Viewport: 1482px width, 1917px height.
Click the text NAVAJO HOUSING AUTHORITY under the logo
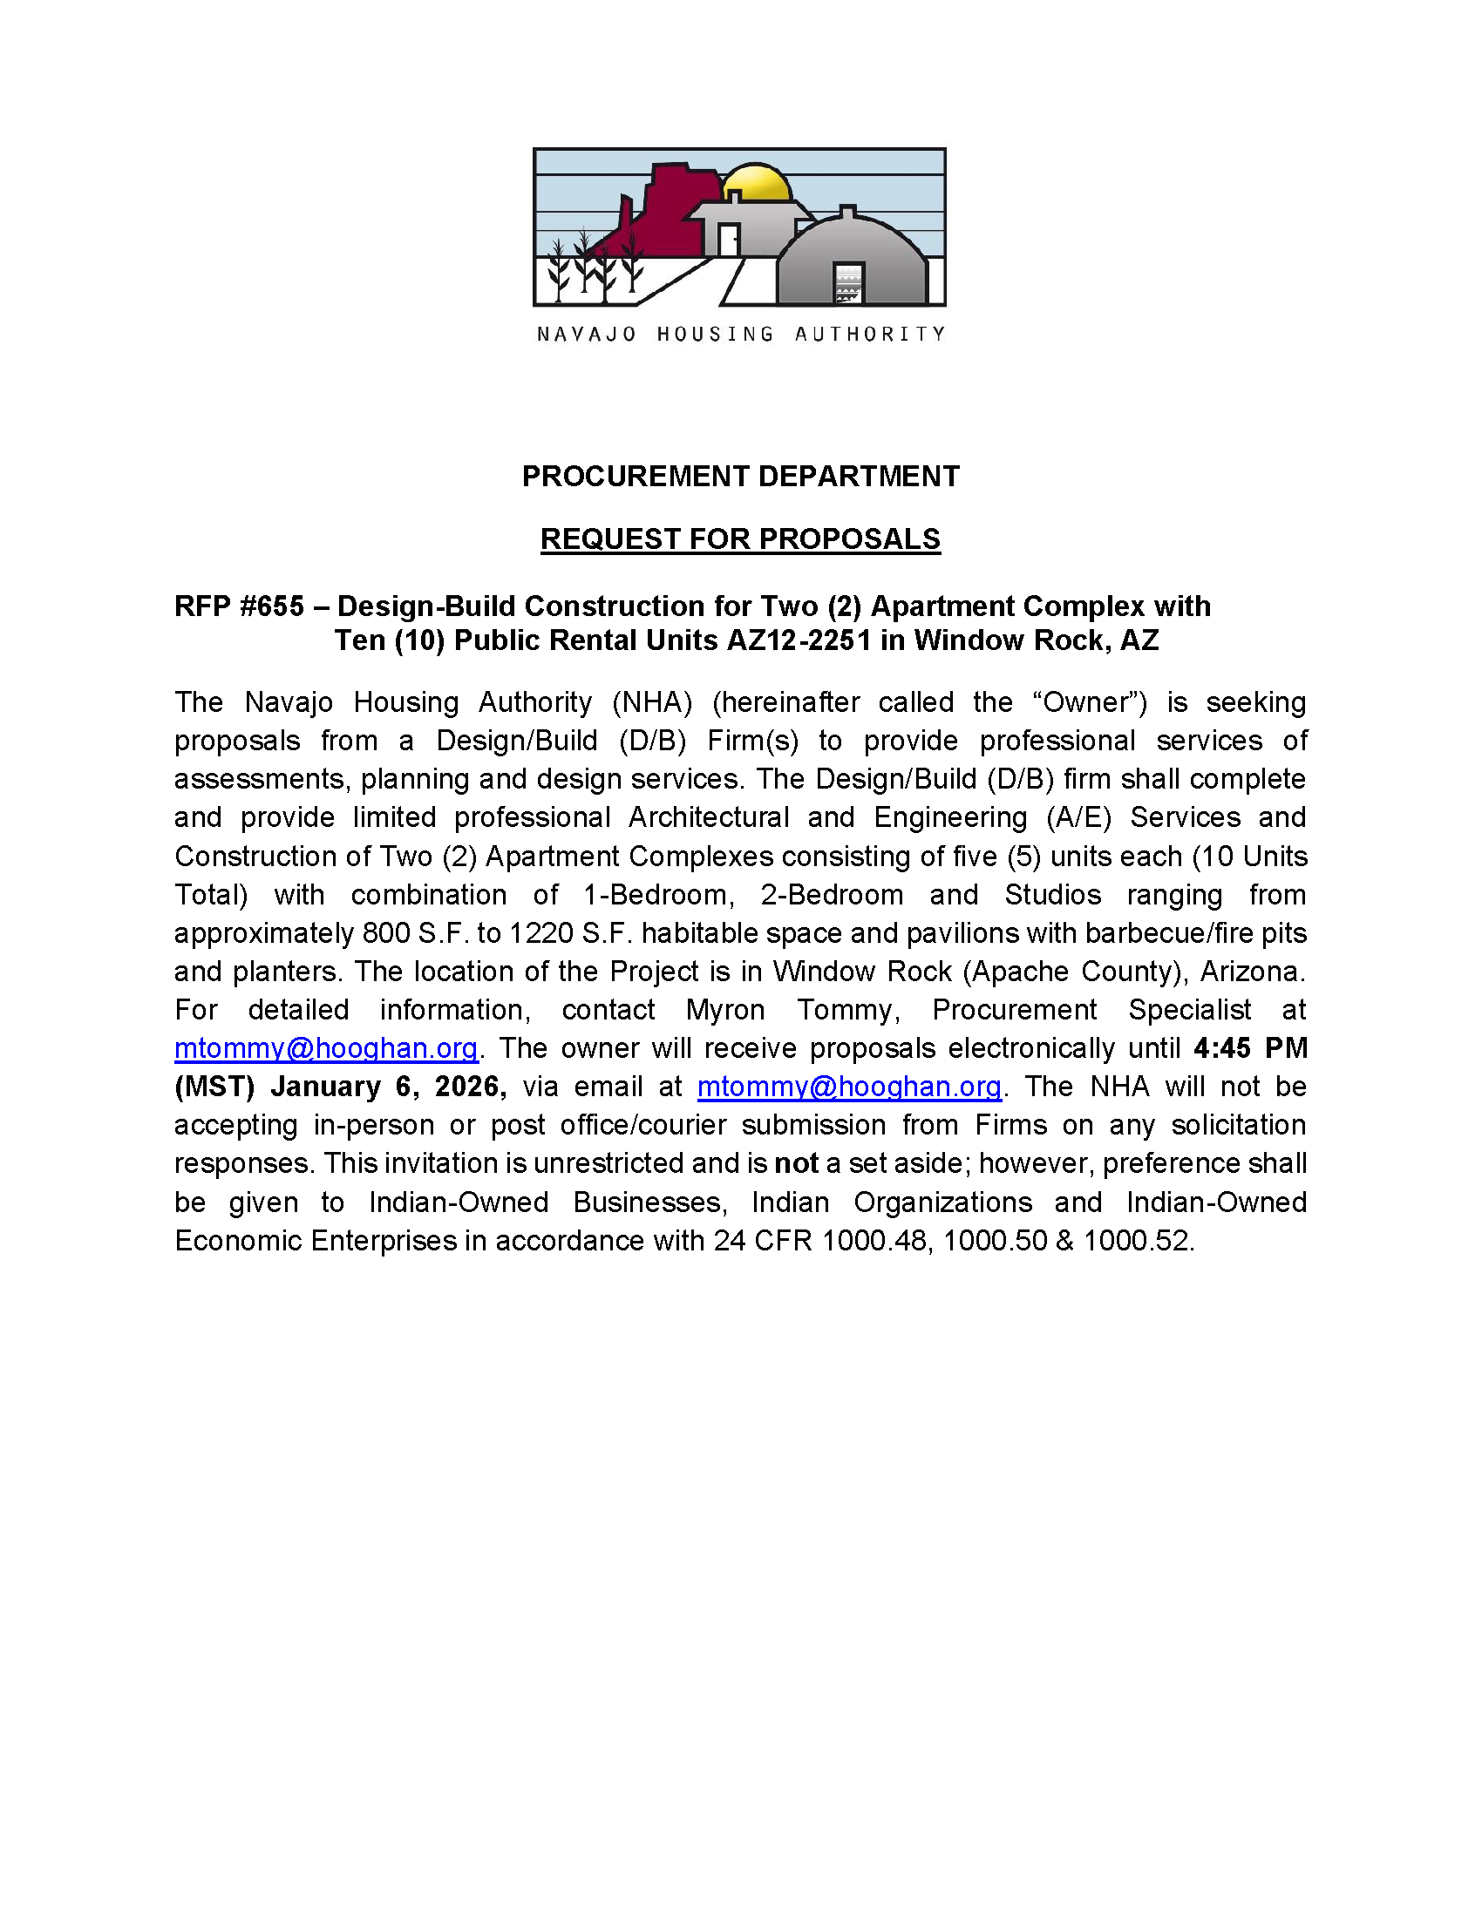(x=740, y=335)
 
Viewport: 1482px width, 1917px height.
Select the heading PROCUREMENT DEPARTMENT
(x=740, y=477)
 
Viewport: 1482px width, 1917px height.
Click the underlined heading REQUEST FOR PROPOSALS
(x=740, y=539)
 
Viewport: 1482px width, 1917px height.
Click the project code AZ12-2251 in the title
(x=798, y=640)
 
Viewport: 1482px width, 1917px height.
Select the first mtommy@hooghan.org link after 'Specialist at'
(x=326, y=1048)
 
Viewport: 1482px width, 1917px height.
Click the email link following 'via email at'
(x=849, y=1087)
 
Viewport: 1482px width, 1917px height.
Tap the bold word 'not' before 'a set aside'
(x=795, y=1164)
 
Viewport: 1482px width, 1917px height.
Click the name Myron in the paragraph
(x=725, y=1010)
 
